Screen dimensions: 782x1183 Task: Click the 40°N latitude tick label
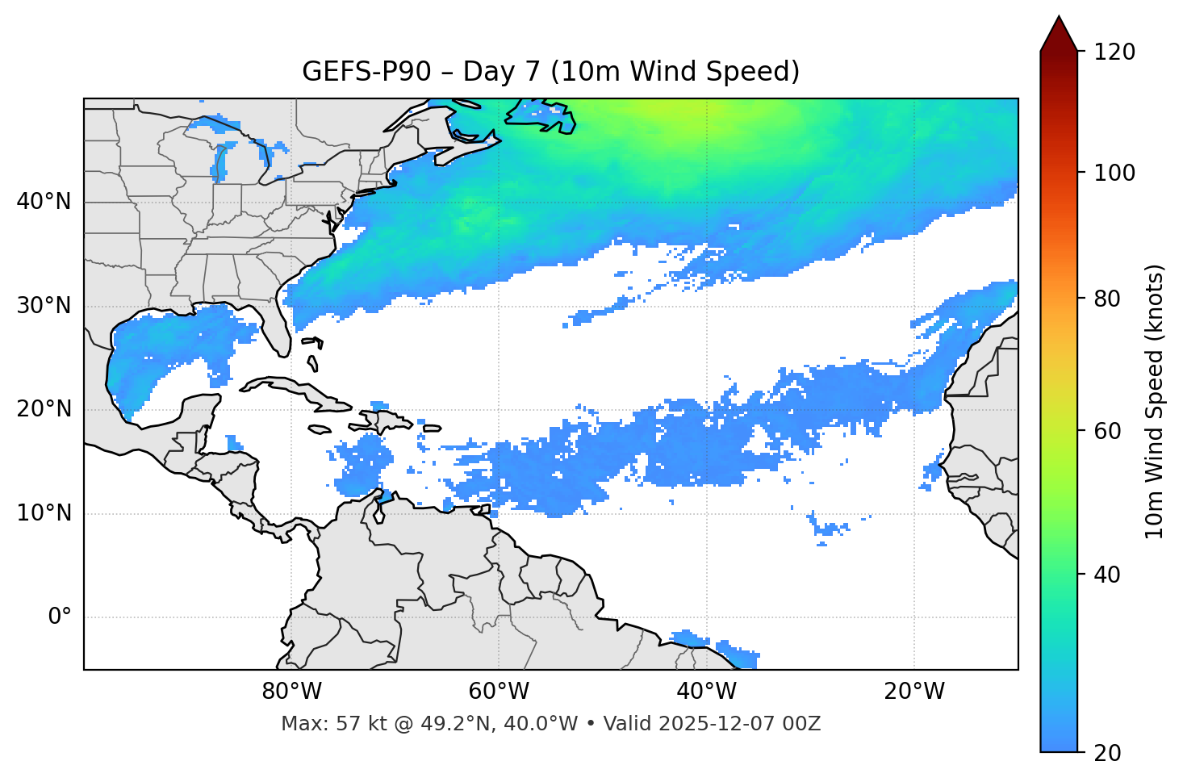point(44,202)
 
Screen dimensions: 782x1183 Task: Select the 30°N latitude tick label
point(44,306)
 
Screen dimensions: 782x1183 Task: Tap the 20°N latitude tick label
point(44,409)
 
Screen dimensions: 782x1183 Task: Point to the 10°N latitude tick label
point(44,513)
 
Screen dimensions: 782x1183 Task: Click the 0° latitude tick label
point(60,617)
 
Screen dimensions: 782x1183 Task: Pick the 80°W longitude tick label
point(291,692)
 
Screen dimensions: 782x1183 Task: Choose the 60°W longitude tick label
point(499,692)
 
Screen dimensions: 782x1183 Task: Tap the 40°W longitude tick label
point(707,692)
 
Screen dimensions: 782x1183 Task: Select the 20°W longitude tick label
point(914,692)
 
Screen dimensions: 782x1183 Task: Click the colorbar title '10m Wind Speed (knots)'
point(1155,401)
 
